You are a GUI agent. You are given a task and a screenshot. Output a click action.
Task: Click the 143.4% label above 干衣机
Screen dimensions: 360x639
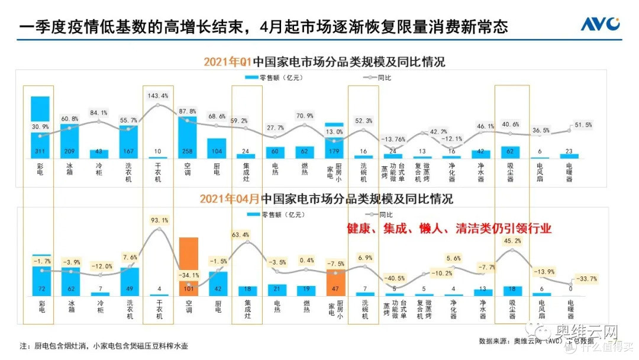pyautogui.click(x=158, y=96)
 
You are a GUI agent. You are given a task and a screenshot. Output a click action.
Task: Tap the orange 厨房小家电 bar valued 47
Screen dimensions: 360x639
pyautogui.click(x=335, y=282)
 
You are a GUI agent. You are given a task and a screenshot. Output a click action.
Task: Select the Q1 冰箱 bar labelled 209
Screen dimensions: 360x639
pyautogui.click(x=70, y=141)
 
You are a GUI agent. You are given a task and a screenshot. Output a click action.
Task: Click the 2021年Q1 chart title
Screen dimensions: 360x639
pyautogui.click(x=324, y=62)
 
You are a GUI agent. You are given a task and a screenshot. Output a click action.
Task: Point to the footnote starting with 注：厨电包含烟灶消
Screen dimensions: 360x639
pyautogui.click(x=106, y=345)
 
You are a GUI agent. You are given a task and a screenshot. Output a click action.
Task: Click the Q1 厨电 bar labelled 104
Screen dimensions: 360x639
pyautogui.click(x=217, y=148)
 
